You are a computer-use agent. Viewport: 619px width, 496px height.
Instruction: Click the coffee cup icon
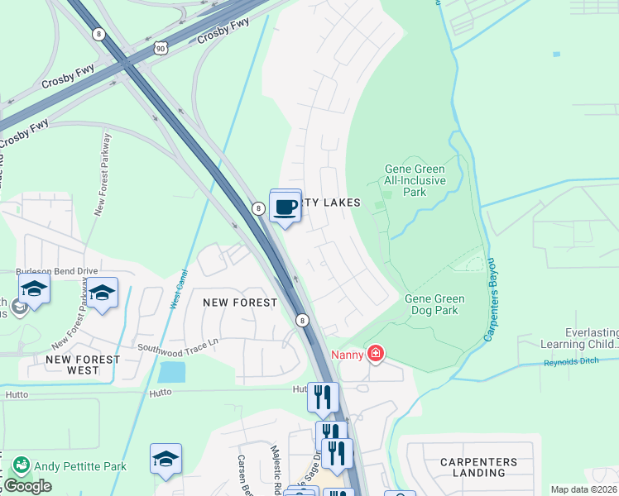pyautogui.click(x=286, y=207)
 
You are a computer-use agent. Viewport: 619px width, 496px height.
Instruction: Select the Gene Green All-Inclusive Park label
pyautogui.click(x=415, y=180)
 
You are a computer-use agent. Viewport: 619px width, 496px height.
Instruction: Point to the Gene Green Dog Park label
pyautogui.click(x=434, y=305)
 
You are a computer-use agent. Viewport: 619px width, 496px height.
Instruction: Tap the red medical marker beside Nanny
pyautogui.click(x=376, y=355)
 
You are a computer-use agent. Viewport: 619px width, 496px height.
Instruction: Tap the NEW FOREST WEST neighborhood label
pyautogui.click(x=82, y=365)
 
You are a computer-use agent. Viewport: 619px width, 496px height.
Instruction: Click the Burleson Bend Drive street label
pyautogui.click(x=58, y=270)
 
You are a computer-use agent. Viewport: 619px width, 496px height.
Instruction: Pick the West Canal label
pyautogui.click(x=179, y=289)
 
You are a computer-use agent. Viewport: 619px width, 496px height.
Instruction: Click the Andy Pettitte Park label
pyautogui.click(x=80, y=466)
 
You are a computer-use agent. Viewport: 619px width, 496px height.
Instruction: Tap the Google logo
pyautogui.click(x=27, y=487)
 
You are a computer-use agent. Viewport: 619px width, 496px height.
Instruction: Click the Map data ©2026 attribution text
pyautogui.click(x=584, y=489)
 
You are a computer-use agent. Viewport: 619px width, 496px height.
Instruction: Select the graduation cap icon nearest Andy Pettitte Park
pyautogui.click(x=166, y=460)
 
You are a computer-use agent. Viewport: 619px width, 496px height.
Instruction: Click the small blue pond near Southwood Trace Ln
pyautogui.click(x=171, y=372)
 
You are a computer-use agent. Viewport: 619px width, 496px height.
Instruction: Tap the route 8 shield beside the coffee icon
pyautogui.click(x=259, y=209)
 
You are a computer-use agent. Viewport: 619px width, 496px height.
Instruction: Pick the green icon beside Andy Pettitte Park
pyautogui.click(x=22, y=466)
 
